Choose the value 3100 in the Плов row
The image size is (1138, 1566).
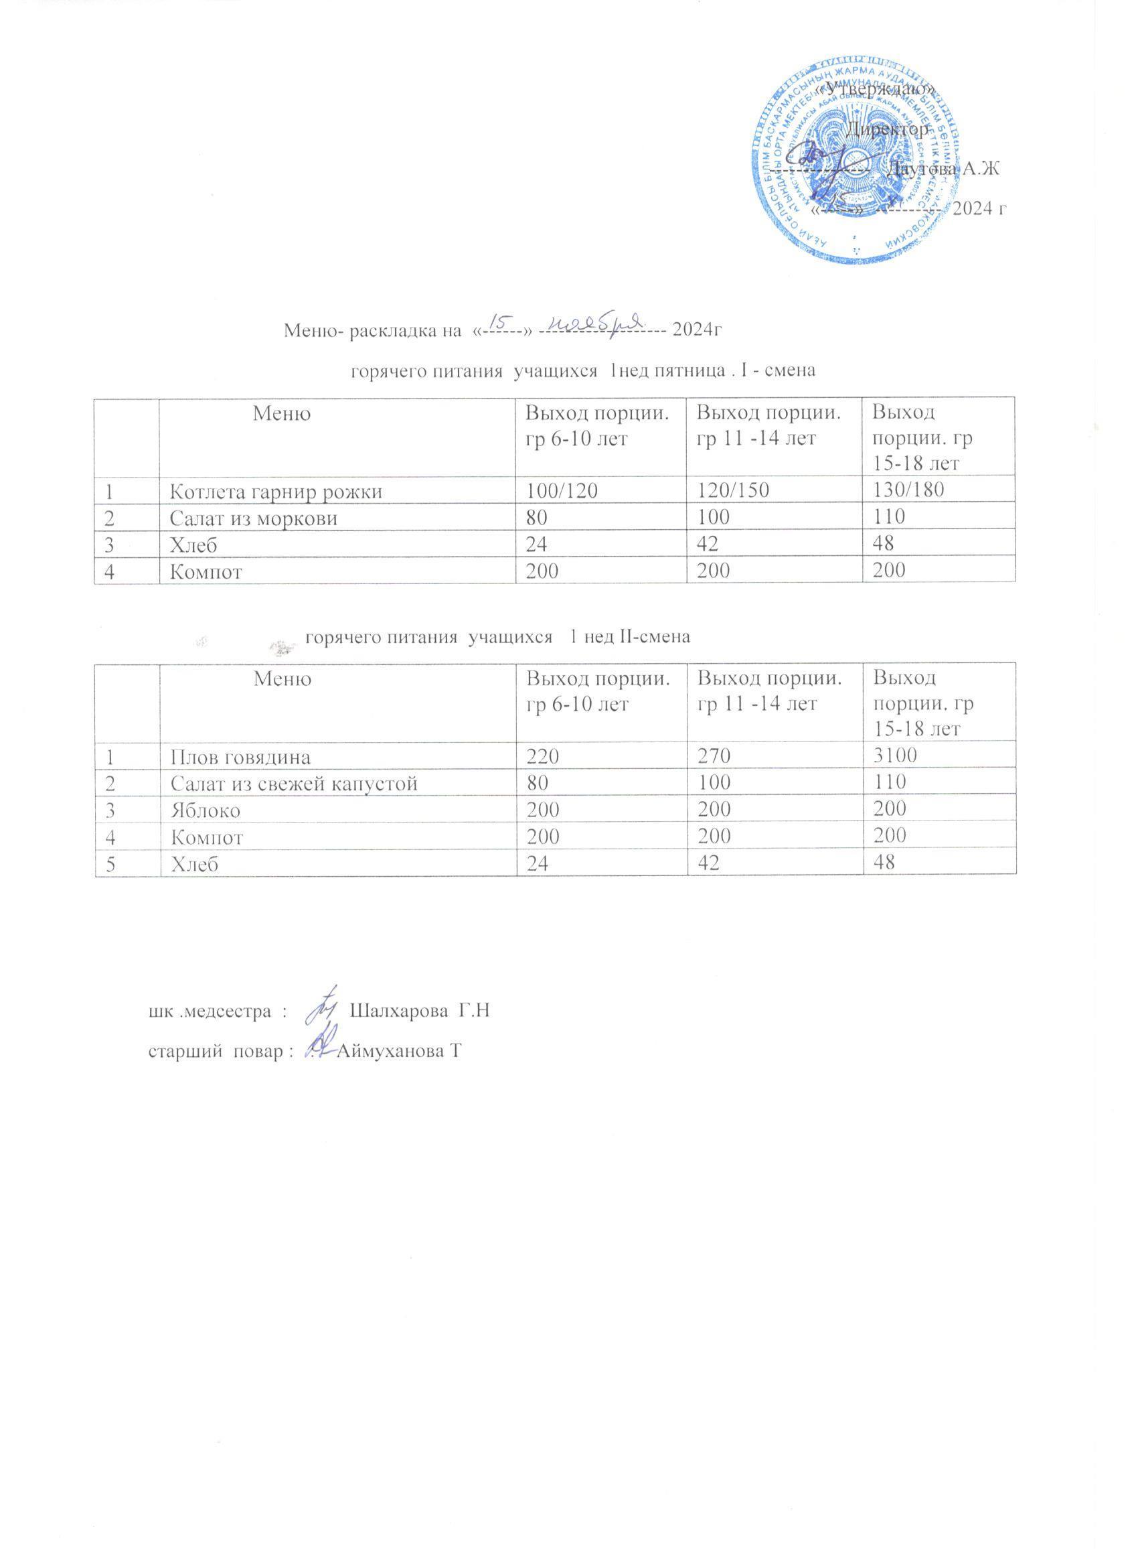(x=895, y=756)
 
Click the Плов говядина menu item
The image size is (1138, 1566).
(x=240, y=757)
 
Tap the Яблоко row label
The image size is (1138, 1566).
(x=205, y=810)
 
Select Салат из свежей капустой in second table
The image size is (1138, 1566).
(x=293, y=783)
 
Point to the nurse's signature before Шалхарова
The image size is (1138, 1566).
(x=321, y=1007)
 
